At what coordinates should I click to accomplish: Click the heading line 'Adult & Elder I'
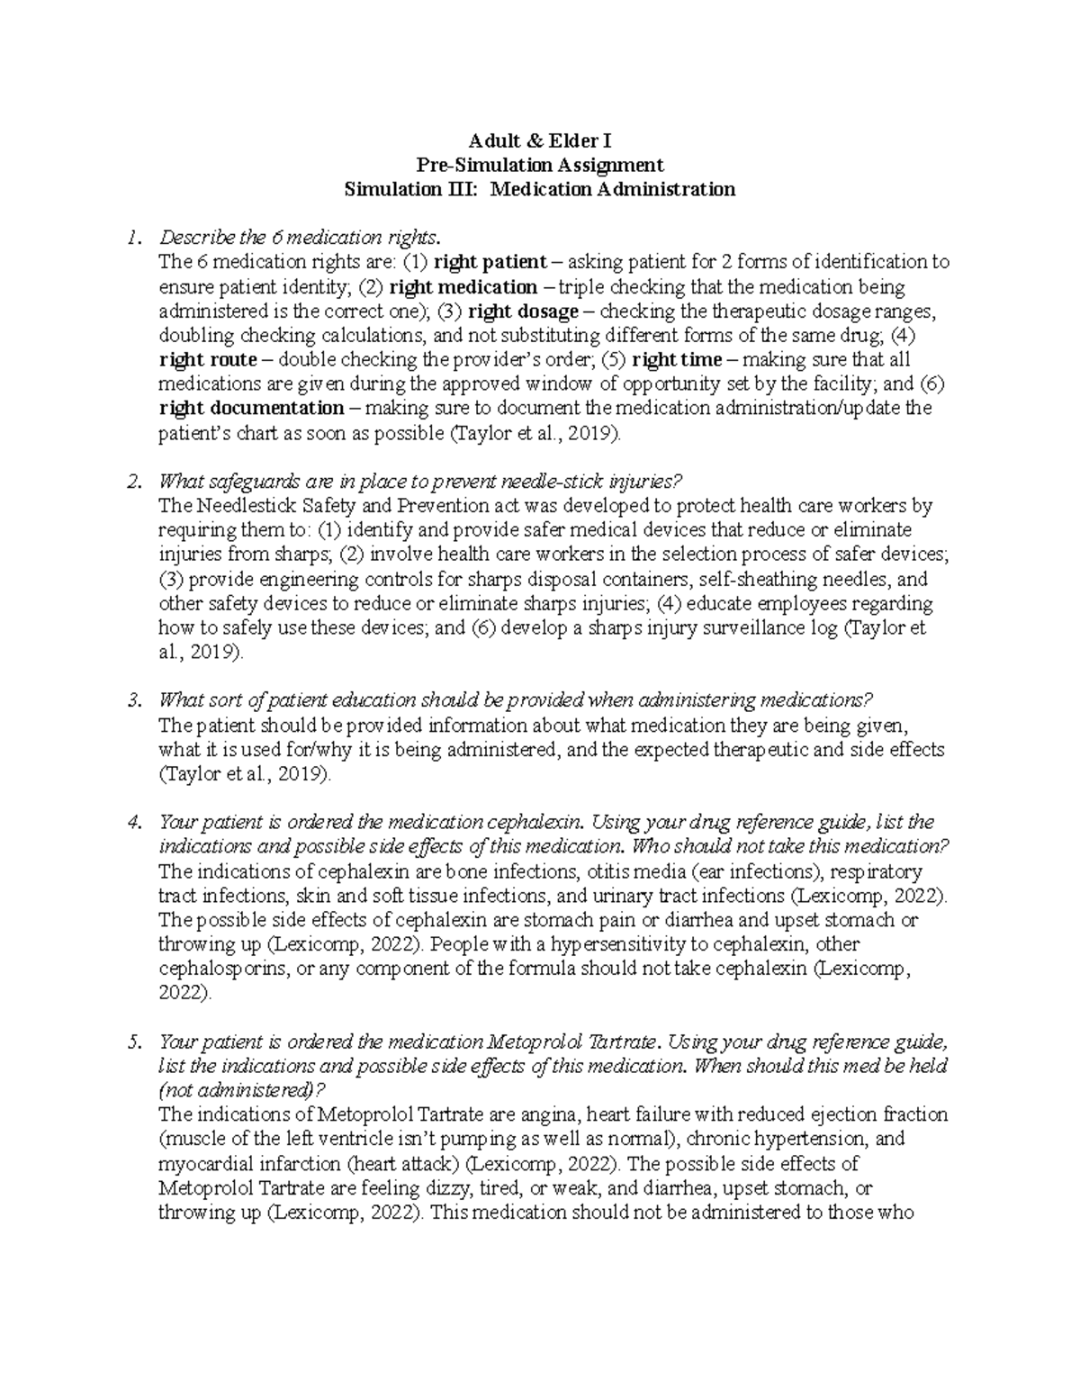540,140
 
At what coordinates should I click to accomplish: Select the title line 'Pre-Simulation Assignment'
540,165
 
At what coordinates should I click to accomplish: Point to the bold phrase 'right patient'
490,262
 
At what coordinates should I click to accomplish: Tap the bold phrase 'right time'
677,360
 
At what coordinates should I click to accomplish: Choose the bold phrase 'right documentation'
251,409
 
